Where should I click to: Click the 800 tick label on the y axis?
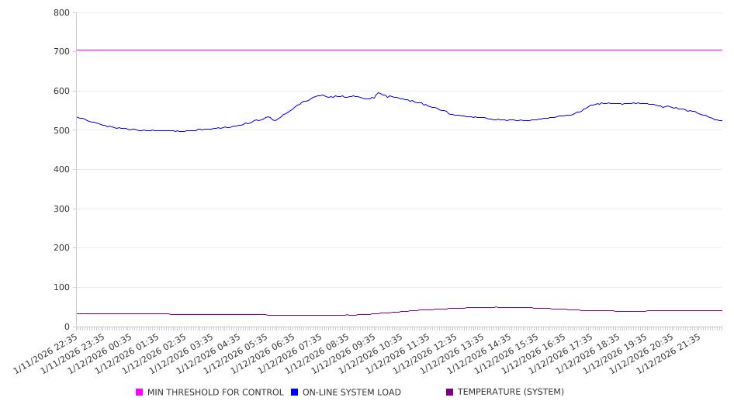[62, 13]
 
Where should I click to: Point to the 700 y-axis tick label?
[62, 52]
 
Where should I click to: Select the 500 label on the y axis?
[62, 130]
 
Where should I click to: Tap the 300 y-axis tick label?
[62, 209]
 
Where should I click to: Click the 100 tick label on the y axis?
[62, 288]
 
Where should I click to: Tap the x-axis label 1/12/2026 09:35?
[343, 354]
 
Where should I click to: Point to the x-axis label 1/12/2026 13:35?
[450, 354]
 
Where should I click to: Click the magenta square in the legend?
[140, 392]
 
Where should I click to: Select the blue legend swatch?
[294, 392]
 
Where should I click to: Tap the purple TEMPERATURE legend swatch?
[449, 392]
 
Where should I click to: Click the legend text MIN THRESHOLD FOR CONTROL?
[215, 392]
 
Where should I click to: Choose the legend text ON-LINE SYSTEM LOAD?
[351, 392]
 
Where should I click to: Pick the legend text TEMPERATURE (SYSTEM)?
[511, 392]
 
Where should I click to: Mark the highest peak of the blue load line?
[379, 93]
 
